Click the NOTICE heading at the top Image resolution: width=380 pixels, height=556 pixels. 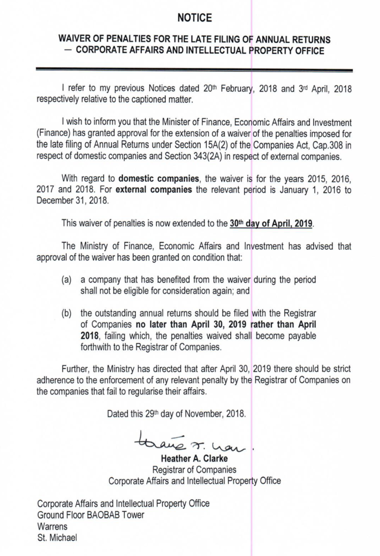pyautogui.click(x=194, y=18)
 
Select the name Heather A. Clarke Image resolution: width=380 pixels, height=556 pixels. pyautogui.click(x=194, y=459)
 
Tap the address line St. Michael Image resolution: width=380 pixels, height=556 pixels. pyautogui.click(x=57, y=538)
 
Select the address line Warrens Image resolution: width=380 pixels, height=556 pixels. pyautogui.click(x=53, y=527)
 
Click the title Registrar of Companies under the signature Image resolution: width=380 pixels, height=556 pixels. pyautogui.click(x=194, y=470)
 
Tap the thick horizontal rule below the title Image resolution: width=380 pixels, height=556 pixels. pyautogui.click(x=194, y=69)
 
